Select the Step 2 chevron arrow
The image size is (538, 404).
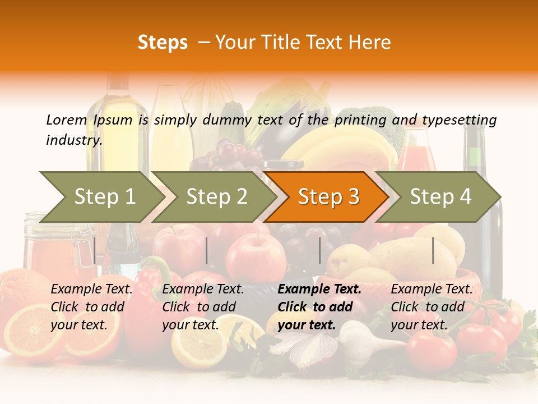point(216,197)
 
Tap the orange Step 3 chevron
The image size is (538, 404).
point(328,197)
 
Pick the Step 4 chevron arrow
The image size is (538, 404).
point(440,197)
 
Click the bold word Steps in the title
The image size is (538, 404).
point(163,43)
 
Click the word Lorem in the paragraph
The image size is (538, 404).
point(66,120)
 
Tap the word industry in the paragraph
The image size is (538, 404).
point(74,140)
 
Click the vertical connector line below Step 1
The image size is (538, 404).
point(95,250)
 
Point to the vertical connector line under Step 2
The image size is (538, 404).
point(207,250)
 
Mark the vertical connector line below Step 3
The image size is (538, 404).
point(319,250)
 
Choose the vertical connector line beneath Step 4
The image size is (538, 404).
point(433,250)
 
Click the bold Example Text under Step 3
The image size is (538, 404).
point(319,290)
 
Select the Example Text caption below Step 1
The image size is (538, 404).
point(92,290)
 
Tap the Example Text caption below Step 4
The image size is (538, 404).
point(432,290)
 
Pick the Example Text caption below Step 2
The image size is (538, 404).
point(203,290)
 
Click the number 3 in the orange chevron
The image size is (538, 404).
point(353,197)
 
